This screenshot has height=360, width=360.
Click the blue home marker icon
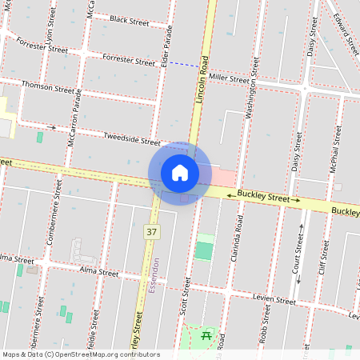(179, 173)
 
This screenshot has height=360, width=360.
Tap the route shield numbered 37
(151, 231)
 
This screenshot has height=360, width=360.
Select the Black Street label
(129, 22)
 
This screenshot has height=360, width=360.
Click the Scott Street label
(186, 295)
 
